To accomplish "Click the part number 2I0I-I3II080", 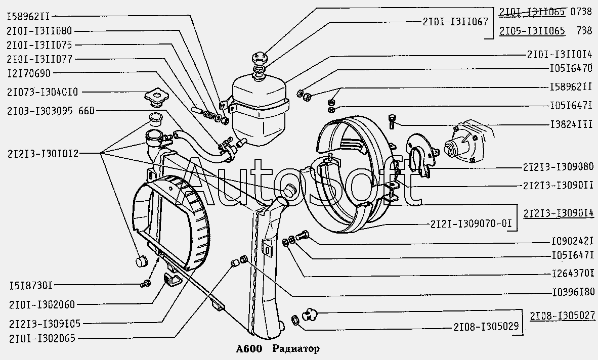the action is click(x=39, y=31).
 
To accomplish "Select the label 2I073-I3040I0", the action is click(x=42, y=92).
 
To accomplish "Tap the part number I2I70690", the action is click(x=29, y=73).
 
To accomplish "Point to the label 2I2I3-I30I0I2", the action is click(x=42, y=154).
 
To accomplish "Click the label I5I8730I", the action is click(x=29, y=285).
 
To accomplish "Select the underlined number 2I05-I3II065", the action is click(x=532, y=31).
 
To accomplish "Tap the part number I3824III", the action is click(x=571, y=124).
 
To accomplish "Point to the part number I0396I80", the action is click(x=573, y=293).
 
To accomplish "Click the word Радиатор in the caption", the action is click(x=296, y=348).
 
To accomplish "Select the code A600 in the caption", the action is click(x=249, y=348).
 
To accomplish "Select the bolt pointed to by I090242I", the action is click(x=303, y=235).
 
